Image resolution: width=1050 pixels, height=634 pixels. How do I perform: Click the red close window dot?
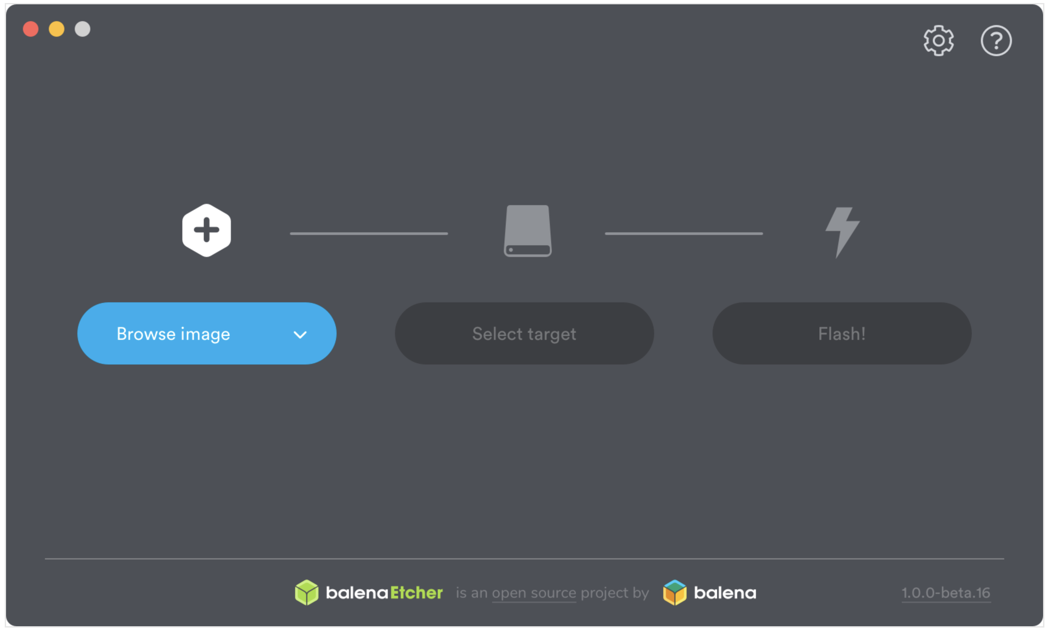(31, 29)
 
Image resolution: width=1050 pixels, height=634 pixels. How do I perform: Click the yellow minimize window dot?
(57, 29)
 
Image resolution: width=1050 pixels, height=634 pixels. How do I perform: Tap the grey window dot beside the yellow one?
(83, 29)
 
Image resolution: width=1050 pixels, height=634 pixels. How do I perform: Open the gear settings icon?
(939, 41)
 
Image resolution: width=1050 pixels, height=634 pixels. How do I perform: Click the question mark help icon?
(996, 41)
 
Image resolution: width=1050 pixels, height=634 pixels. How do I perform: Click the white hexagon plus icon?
(207, 230)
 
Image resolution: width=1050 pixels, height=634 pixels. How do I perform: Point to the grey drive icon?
(528, 231)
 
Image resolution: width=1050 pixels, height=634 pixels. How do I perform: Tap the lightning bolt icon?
(842, 232)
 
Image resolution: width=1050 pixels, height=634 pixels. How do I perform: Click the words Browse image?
(173, 334)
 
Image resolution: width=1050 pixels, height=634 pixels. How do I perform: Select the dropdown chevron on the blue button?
(300, 335)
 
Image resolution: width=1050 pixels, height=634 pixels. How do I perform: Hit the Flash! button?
(842, 333)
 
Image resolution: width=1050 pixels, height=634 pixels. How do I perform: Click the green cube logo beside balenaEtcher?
(306, 593)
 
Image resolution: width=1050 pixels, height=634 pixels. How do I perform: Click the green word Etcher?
(417, 593)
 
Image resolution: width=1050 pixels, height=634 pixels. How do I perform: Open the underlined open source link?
(534, 593)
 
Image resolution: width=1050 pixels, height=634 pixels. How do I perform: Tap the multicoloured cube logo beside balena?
(675, 593)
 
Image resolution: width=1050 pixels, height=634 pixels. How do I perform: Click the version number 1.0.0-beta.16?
(946, 593)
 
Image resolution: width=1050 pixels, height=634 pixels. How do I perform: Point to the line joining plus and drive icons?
(369, 234)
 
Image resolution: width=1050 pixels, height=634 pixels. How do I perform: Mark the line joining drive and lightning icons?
(684, 234)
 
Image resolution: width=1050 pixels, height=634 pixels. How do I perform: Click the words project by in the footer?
(614, 593)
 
